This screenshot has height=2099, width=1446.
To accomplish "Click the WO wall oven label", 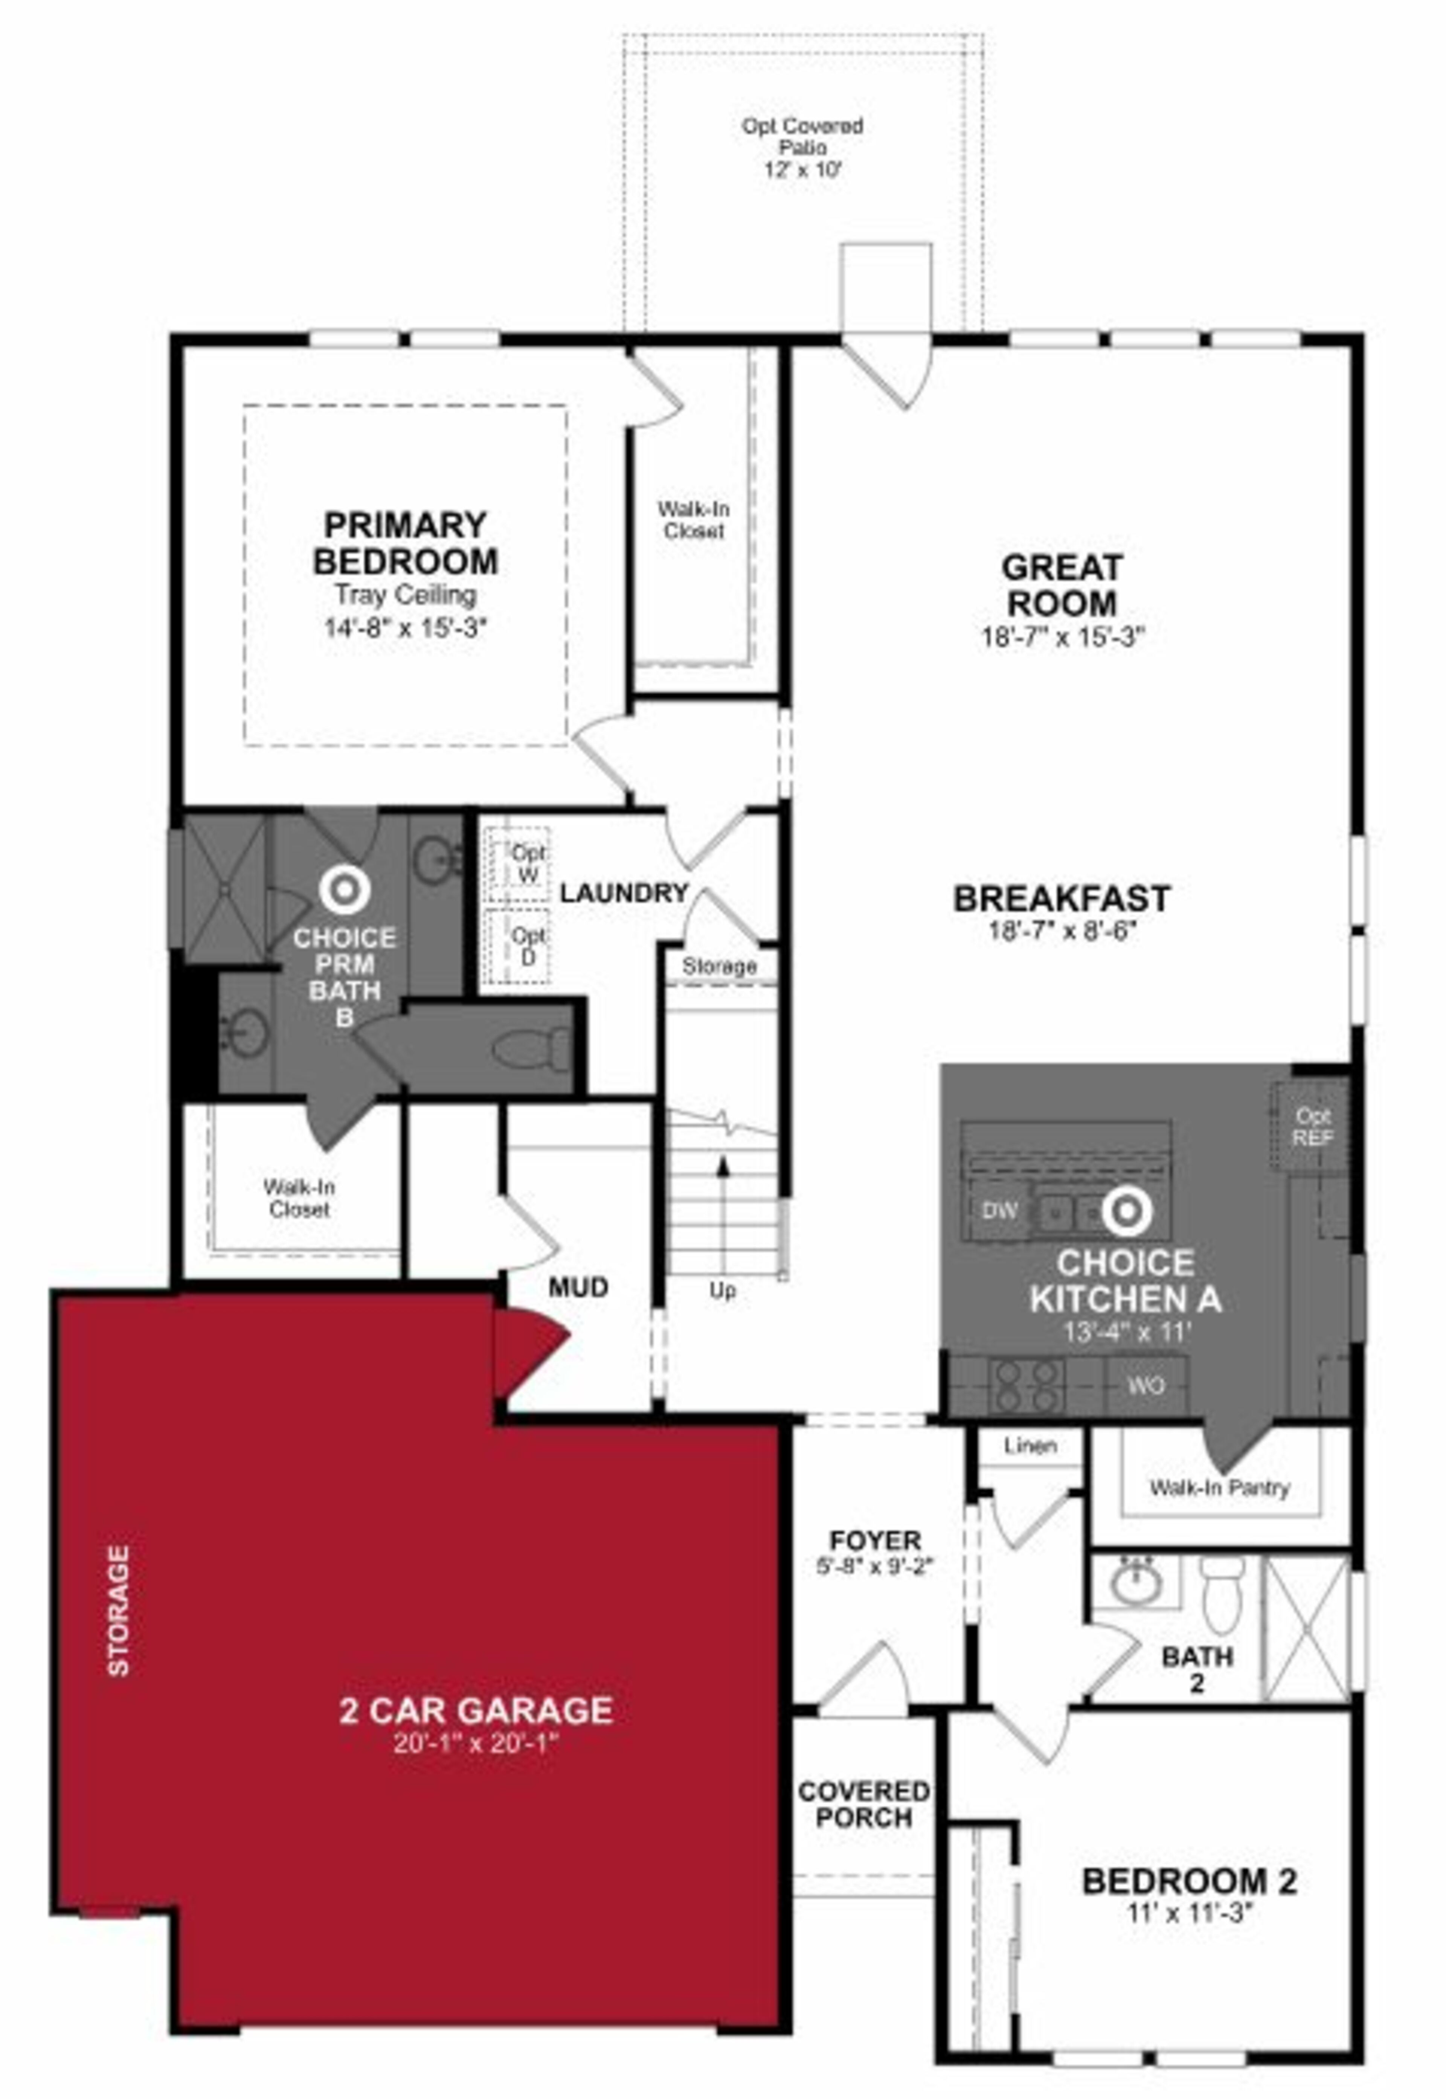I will [x=1146, y=1385].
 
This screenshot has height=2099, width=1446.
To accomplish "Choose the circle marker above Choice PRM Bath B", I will [x=344, y=889].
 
